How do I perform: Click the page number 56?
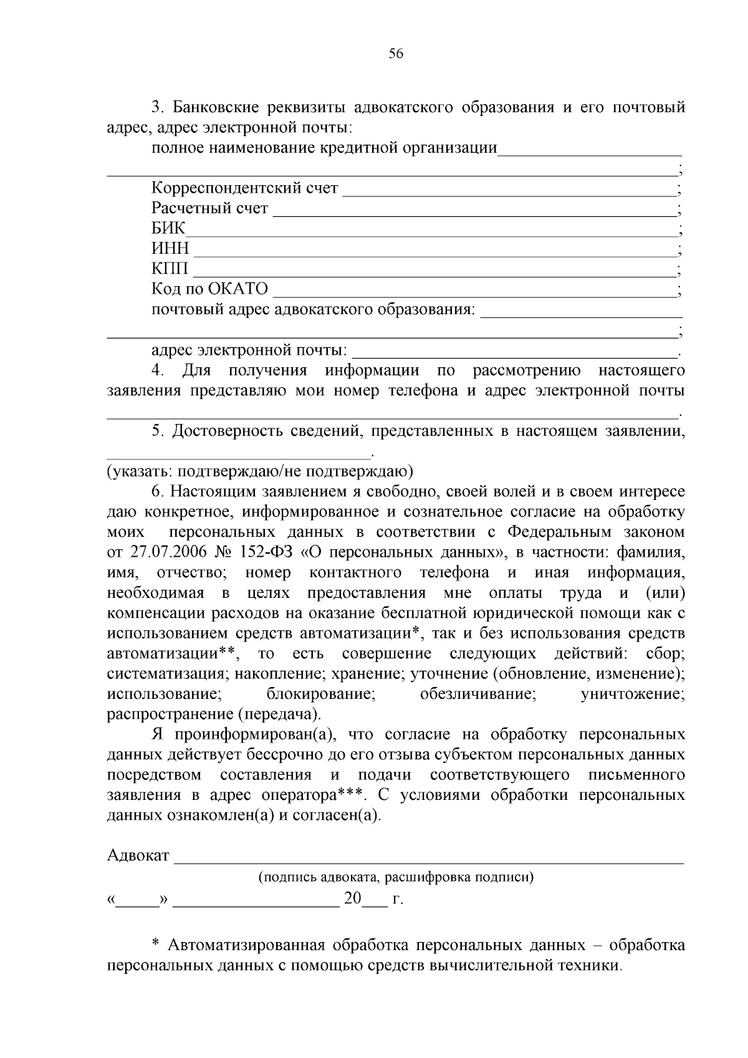[x=396, y=54]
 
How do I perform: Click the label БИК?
[x=168, y=228]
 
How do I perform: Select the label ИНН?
[x=170, y=249]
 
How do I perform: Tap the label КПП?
[x=170, y=269]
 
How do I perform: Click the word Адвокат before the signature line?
[x=138, y=855]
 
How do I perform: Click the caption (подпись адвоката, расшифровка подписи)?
[x=396, y=877]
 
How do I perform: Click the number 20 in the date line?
[x=352, y=899]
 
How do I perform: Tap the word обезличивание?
[x=477, y=694]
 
